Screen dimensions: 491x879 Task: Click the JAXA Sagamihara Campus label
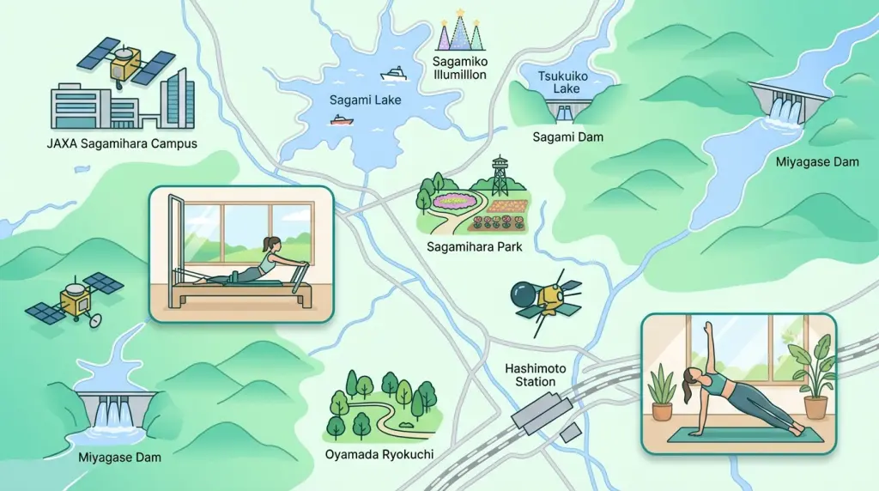click(122, 143)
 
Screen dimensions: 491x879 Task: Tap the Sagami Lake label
click(365, 100)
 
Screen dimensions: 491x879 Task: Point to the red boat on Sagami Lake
click(342, 120)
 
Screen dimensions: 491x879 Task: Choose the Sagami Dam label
click(567, 136)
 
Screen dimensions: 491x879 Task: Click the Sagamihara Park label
click(474, 247)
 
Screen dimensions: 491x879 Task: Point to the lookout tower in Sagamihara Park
click(500, 177)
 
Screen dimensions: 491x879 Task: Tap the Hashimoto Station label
click(530, 374)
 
